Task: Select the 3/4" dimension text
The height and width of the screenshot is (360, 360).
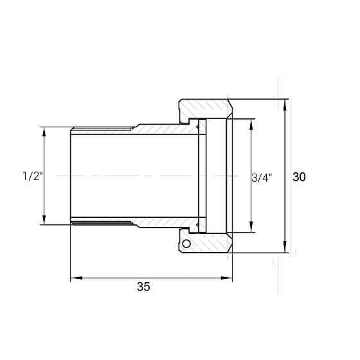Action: point(262,178)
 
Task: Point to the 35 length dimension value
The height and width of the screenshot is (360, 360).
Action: point(143,287)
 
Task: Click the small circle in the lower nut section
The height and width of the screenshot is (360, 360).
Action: point(186,244)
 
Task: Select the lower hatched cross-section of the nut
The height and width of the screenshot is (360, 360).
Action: point(209,244)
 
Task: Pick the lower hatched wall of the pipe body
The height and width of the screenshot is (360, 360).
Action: point(164,222)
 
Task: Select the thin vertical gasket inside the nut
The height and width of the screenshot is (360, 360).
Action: point(202,176)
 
